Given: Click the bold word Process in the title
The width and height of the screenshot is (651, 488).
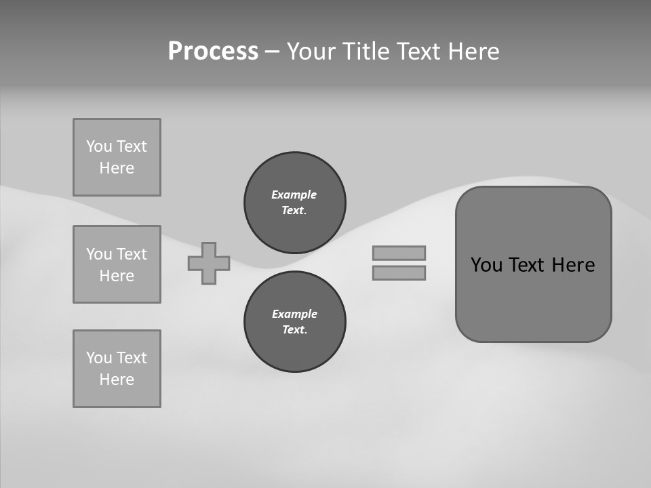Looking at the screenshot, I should [x=213, y=52].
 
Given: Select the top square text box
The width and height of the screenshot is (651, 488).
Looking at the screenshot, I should [x=117, y=157].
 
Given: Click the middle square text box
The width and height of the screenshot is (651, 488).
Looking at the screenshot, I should [x=117, y=264].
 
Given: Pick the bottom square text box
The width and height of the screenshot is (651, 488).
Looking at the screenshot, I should [x=117, y=369].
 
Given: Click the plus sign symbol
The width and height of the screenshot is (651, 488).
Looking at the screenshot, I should [x=209, y=263].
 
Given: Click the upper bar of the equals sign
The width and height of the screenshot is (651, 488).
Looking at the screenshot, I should [x=399, y=253].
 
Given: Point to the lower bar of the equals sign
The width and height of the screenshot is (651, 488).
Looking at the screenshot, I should [x=399, y=272].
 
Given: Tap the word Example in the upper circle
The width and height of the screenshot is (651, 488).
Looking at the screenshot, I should [x=294, y=195].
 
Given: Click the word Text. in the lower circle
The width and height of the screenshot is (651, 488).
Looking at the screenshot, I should [x=294, y=330].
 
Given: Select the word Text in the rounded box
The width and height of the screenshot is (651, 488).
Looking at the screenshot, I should [x=527, y=265].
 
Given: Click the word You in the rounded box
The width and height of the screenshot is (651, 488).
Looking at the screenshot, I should [x=486, y=265].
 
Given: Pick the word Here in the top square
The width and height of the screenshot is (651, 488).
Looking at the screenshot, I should [x=117, y=168].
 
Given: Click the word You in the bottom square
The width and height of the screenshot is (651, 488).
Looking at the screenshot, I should [x=99, y=358].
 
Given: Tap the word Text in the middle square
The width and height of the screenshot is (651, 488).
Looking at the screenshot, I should [x=132, y=254].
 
